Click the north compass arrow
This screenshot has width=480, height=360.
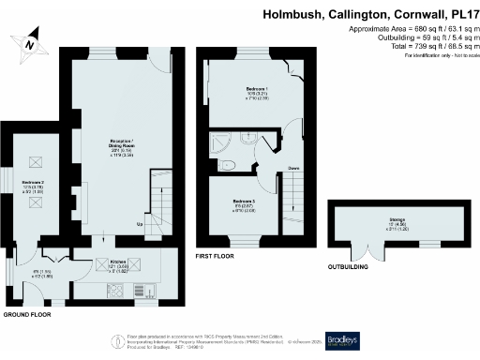[x=30, y=41]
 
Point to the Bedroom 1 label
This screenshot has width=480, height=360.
[x=244, y=93]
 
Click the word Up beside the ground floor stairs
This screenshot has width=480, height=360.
[x=141, y=225]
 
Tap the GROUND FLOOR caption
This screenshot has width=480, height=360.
[x=25, y=316]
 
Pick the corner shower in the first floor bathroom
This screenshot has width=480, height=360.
[x=224, y=141]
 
